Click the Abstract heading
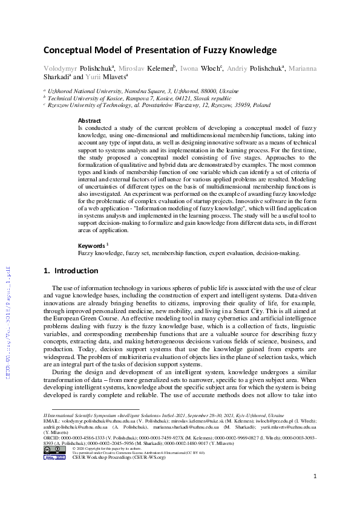(90, 121)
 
